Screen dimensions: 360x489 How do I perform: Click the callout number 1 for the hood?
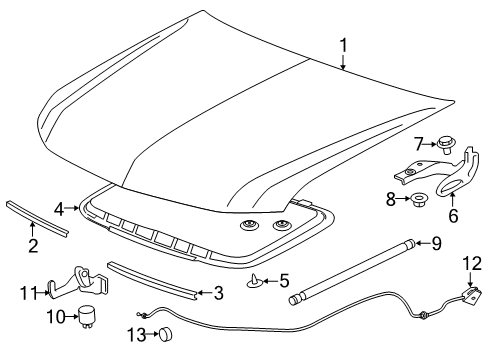point(343,44)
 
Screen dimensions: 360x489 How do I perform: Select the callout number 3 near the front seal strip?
point(219,292)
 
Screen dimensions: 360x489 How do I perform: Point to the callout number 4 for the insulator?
point(59,209)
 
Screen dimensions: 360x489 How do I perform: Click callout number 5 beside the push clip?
point(285,280)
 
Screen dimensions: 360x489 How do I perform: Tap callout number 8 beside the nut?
point(391,199)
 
